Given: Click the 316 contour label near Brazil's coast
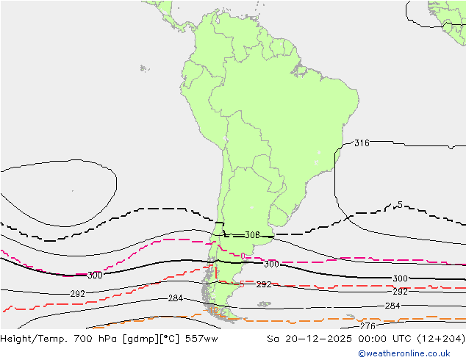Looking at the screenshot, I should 362,143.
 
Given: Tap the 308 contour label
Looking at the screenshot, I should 252,236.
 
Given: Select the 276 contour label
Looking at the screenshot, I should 368,325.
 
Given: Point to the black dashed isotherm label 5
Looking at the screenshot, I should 400,205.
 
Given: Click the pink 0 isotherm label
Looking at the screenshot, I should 243,256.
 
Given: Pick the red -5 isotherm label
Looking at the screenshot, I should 241,284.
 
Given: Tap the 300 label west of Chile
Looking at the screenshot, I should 95,276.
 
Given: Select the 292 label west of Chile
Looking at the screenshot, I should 77,294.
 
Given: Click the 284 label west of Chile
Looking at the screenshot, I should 175,298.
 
